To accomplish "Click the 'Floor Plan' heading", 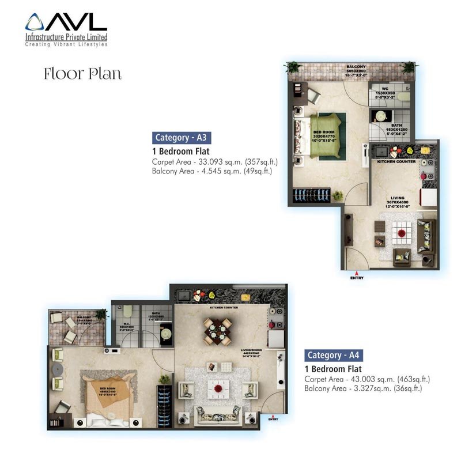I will [82, 74].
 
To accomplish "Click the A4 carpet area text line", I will [367, 379].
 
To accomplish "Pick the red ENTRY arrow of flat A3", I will [357, 273].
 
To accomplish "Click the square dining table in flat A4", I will [215, 332].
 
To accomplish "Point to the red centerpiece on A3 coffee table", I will [400, 234].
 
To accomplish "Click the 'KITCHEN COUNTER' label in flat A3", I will [396, 162].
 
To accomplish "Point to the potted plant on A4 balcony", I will [101, 314].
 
